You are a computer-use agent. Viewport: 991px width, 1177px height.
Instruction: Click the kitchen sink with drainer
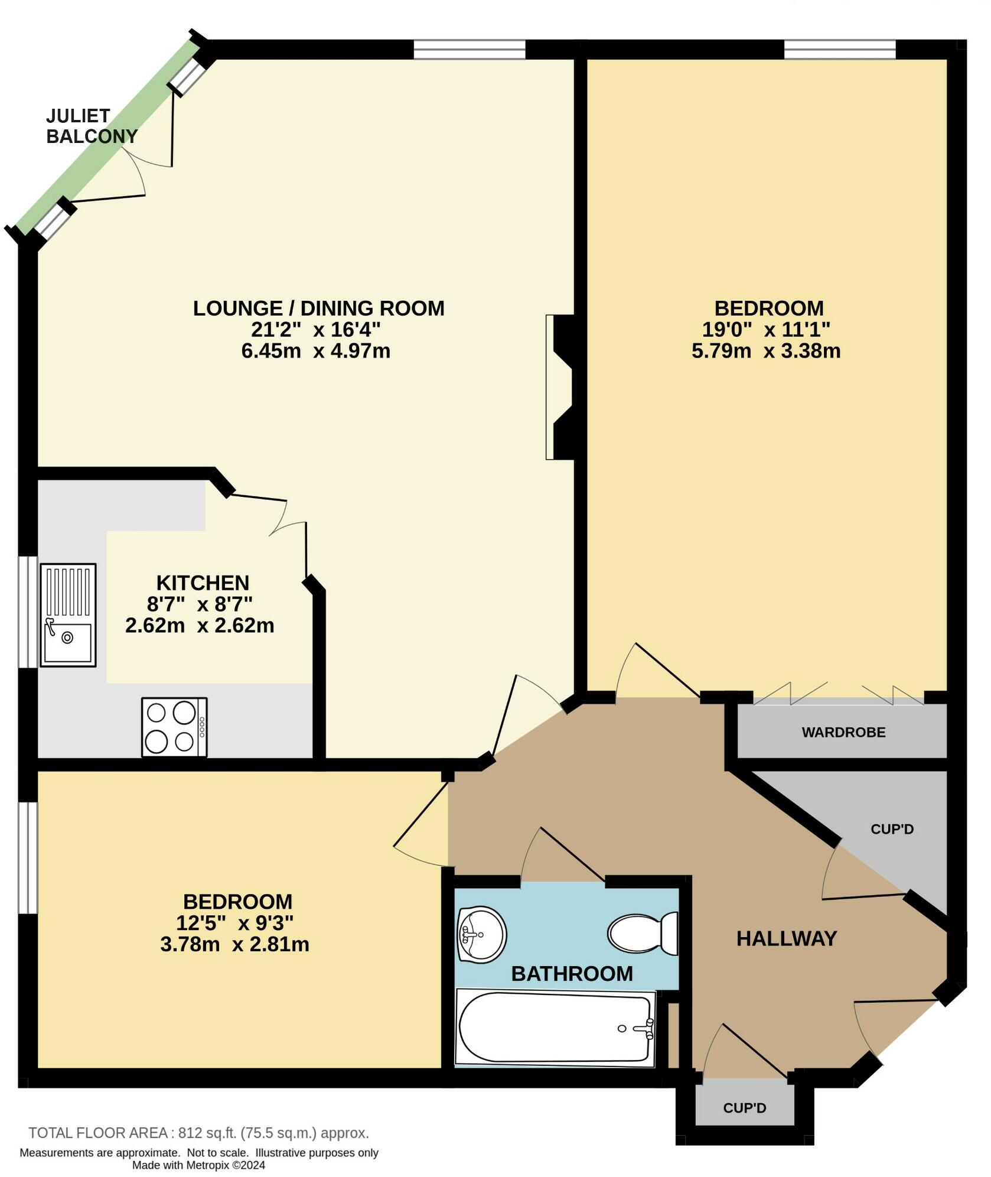68,614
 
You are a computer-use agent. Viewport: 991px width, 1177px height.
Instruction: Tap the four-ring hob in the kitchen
174,727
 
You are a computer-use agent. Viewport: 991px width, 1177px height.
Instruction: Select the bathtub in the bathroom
555,1028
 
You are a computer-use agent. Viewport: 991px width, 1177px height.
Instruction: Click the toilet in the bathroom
644,933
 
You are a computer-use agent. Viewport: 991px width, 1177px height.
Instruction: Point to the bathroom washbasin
481,934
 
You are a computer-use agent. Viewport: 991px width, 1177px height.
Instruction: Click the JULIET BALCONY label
92,126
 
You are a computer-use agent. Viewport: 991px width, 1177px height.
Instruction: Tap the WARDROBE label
843,732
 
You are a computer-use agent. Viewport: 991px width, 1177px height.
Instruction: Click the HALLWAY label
786,938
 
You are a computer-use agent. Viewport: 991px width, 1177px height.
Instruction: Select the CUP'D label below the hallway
744,1108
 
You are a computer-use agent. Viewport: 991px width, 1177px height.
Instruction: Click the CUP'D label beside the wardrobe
892,829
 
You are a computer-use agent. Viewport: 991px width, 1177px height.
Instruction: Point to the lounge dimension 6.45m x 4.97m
315,351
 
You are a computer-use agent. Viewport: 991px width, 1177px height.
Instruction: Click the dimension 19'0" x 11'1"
766,329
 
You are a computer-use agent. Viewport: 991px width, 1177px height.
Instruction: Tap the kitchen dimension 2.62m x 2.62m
200,625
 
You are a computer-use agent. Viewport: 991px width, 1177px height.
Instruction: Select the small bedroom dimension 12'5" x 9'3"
234,922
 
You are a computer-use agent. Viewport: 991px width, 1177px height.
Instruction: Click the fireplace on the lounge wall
559,387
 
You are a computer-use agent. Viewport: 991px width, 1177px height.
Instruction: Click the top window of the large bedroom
839,50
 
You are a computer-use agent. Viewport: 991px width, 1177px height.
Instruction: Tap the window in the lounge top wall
469,50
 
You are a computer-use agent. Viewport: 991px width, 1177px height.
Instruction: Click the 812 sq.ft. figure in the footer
207,1133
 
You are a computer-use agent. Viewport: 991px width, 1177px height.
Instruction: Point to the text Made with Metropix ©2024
198,1165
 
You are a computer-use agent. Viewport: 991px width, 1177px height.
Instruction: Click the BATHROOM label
572,973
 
